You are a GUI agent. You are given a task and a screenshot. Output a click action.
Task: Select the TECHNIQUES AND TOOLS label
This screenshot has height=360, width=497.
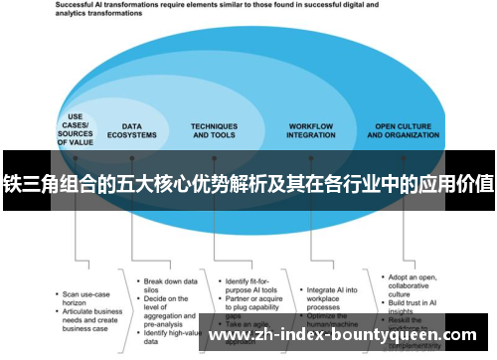point(214,130)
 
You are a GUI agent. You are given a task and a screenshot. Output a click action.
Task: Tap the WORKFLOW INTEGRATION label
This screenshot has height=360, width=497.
point(311,130)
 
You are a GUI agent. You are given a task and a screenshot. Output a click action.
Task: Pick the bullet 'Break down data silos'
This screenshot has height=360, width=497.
point(170,259)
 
